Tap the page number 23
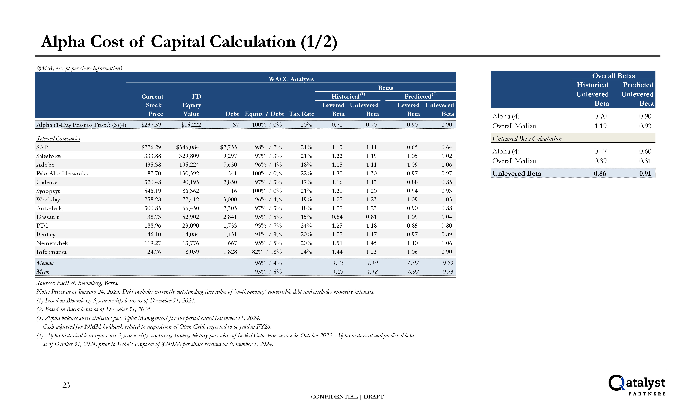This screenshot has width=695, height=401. (x=66, y=385)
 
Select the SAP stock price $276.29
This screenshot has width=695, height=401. (x=151, y=147)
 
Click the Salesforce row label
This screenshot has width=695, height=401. (x=48, y=156)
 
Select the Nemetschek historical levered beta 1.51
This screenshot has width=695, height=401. (x=337, y=243)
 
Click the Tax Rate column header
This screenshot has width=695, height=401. (x=301, y=114)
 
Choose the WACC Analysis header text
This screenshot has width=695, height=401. (x=291, y=79)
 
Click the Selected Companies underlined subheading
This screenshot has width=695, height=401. (x=58, y=138)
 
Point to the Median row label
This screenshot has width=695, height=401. (x=45, y=263)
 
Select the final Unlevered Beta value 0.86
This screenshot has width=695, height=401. (x=600, y=174)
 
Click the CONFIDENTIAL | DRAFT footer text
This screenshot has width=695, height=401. (x=347, y=397)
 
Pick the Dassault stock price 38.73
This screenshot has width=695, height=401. (x=154, y=217)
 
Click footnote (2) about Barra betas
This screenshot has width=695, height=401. (x=94, y=309)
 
